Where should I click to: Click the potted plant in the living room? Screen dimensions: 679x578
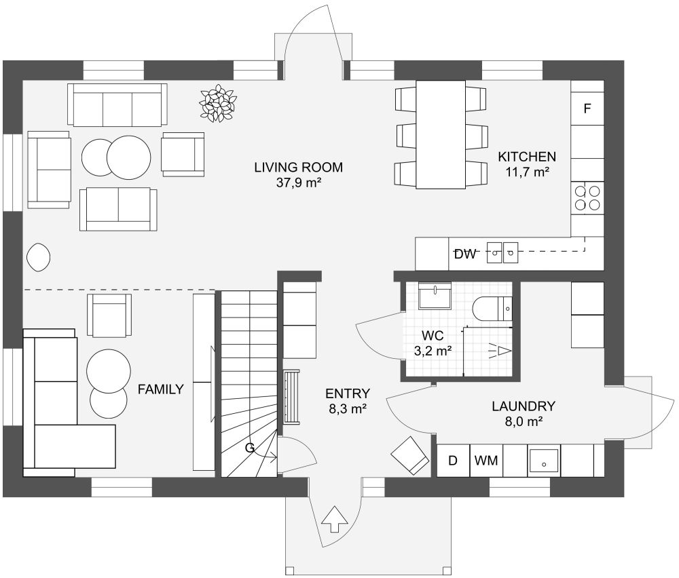pyautogui.click(x=218, y=103)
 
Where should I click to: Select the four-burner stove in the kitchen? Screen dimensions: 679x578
pyautogui.click(x=587, y=197)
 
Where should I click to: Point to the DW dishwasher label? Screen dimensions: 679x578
pyautogui.click(x=465, y=254)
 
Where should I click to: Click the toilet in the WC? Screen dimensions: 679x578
pyautogui.click(x=492, y=309)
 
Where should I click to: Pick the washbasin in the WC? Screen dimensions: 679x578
pyautogui.click(x=435, y=296)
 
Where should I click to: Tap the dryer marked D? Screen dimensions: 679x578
pyautogui.click(x=453, y=461)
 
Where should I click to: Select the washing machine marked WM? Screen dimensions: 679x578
pyautogui.click(x=486, y=461)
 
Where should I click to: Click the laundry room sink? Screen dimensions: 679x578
pyautogui.click(x=544, y=461)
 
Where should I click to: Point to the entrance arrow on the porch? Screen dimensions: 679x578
pyautogui.click(x=334, y=518)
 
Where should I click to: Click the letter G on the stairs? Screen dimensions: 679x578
pyautogui.click(x=249, y=448)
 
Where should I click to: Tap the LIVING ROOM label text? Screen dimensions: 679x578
pyautogui.click(x=298, y=167)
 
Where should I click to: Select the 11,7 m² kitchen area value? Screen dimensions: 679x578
pyautogui.click(x=528, y=172)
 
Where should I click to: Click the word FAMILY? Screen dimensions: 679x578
pyautogui.click(x=161, y=389)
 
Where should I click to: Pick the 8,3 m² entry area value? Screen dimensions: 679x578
pyautogui.click(x=348, y=408)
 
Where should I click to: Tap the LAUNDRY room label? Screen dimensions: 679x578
pyautogui.click(x=524, y=406)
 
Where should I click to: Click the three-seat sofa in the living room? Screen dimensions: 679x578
pyautogui.click(x=117, y=104)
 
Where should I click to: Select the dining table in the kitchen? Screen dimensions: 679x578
pyautogui.click(x=441, y=134)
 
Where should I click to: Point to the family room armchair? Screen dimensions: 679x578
pyautogui.click(x=109, y=315)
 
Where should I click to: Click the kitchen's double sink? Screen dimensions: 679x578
pyautogui.click(x=502, y=252)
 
